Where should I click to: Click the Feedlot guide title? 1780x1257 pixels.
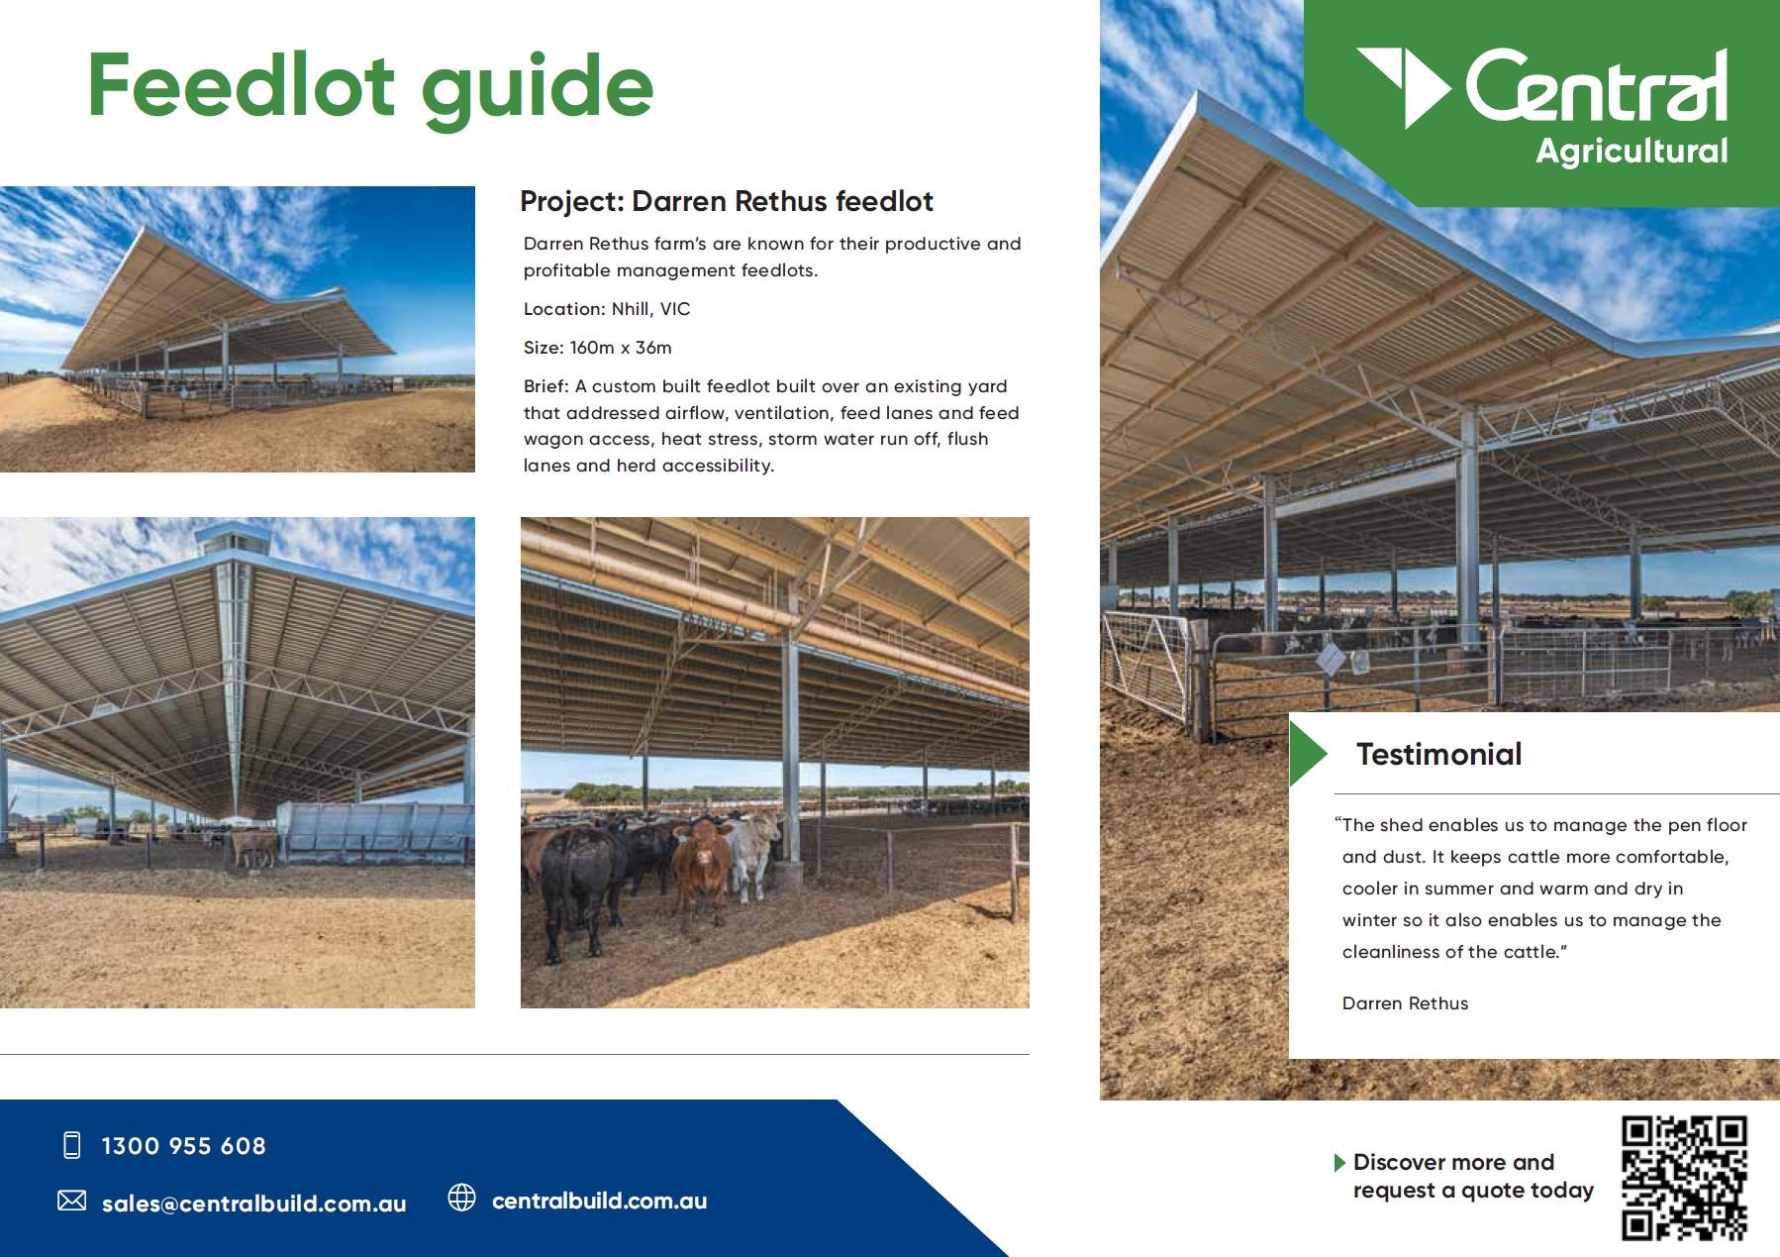coord(370,87)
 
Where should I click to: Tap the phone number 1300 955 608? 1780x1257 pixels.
coord(183,1146)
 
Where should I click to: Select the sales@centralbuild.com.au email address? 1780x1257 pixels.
coord(253,1204)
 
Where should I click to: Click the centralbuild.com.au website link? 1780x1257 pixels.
coord(599,1202)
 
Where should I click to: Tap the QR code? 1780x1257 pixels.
coord(1684,1177)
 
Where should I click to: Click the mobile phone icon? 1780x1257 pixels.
coord(71,1145)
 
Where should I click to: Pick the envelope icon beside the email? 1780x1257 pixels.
coord(71,1202)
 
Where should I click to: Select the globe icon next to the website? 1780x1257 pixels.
coord(461,1198)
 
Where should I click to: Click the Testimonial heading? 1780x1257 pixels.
coord(1438,755)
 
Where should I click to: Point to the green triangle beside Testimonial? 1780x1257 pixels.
coord(1306,754)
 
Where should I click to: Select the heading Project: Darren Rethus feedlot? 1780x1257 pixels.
coord(726,201)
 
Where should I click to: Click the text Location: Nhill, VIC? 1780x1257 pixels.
coord(607,309)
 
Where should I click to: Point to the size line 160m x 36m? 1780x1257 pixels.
coord(597,348)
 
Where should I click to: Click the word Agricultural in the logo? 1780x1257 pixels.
coord(1632,152)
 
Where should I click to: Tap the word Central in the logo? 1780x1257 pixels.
coord(1596,87)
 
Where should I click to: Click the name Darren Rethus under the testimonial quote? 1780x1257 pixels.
coord(1405,1003)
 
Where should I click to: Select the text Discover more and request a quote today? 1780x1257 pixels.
coord(1472,1176)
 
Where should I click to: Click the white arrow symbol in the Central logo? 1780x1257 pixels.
coord(1405,84)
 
